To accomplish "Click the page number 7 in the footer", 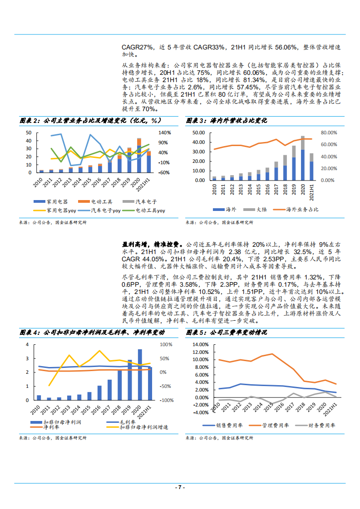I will tap(180, 487).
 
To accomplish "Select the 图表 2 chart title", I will tap(91, 121).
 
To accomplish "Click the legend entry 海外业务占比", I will tap(302, 209).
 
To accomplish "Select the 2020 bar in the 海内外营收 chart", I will tap(302, 158).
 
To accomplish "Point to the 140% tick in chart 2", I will tap(164, 132).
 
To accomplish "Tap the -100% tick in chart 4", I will tap(167, 401).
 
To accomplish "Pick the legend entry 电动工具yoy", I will tap(150, 210).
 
